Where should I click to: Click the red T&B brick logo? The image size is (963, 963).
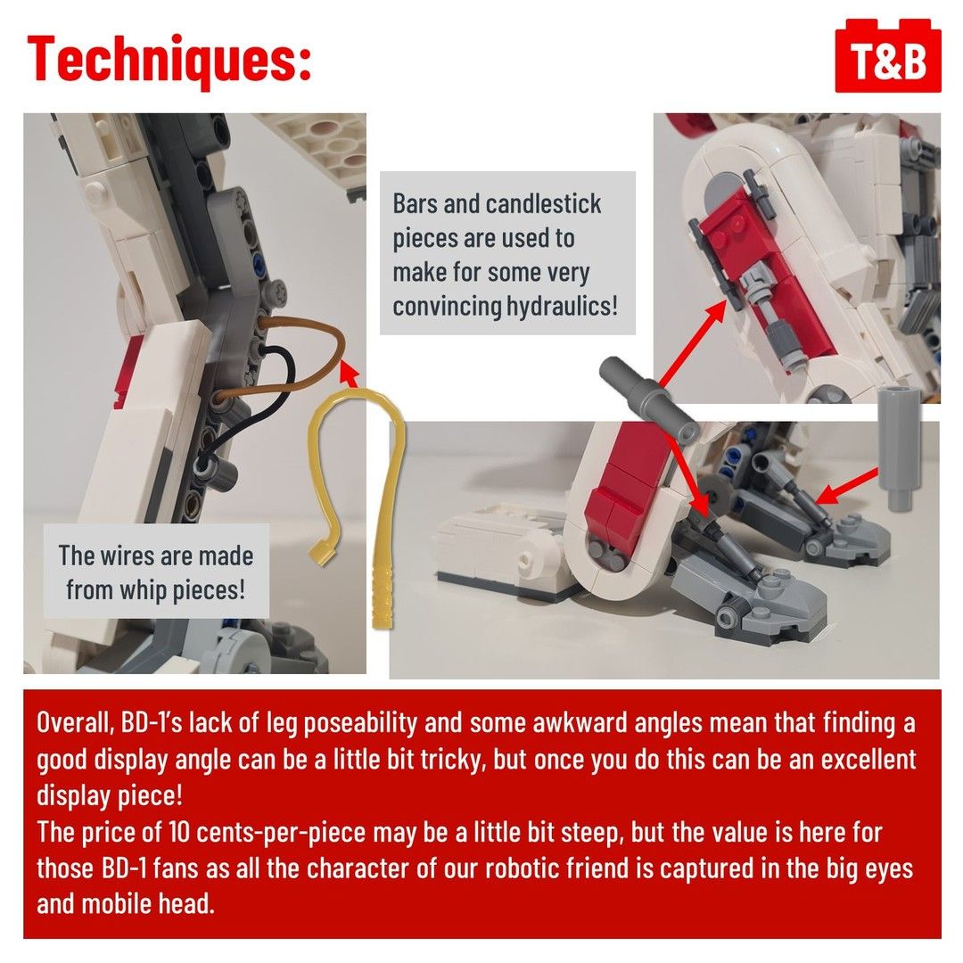pos(888,56)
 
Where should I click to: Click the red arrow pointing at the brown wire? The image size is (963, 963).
pos(349,373)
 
